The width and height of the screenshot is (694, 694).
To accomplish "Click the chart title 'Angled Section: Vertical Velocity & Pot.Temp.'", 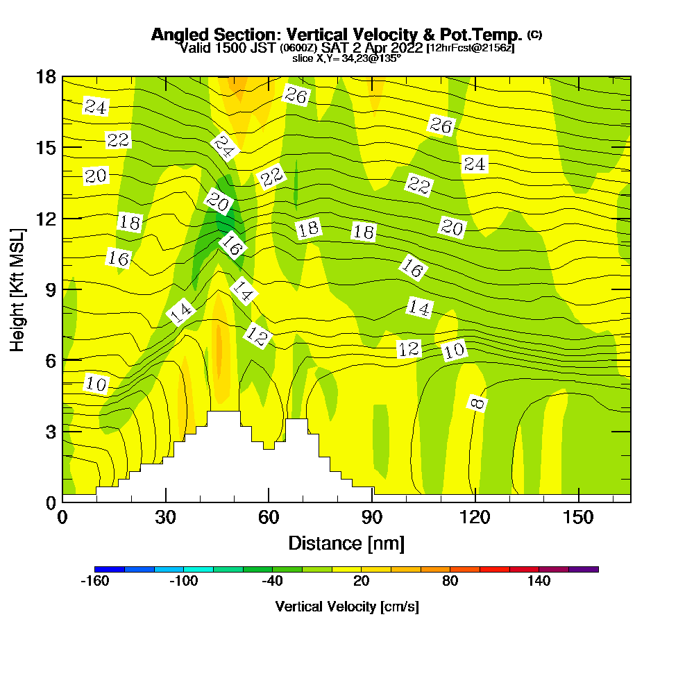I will click(337, 35).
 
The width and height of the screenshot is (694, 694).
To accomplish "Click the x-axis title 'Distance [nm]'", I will click(346, 543).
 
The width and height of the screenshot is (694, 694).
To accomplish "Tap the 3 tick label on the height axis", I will click(50, 431).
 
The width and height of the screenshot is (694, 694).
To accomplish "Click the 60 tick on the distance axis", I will click(269, 516).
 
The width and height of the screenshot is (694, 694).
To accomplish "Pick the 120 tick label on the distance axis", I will click(475, 516).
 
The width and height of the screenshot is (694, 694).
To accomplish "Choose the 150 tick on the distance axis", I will click(579, 516).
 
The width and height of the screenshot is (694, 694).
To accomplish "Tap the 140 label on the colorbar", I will click(539, 581).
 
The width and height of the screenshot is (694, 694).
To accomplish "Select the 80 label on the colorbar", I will click(450, 581).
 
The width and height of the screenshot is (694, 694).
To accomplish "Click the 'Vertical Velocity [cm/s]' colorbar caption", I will click(346, 607).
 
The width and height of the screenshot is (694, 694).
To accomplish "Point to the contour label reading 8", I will click(477, 403).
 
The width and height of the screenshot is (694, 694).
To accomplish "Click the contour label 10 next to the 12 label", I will click(454, 351).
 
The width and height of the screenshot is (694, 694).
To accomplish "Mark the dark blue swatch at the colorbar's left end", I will click(110, 569).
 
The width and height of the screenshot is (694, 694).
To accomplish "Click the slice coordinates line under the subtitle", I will click(346, 58).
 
